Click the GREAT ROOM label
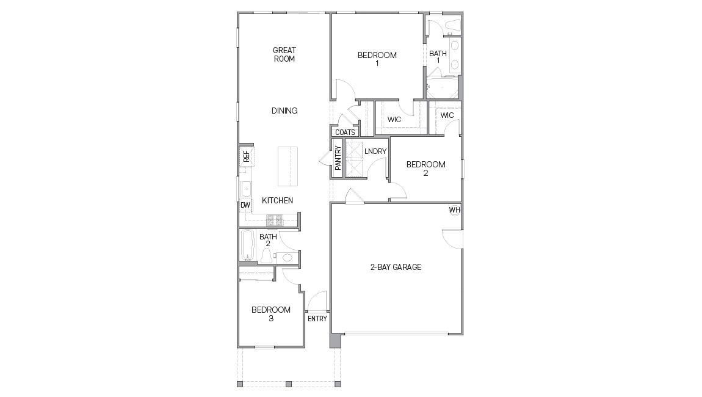coord(284,54)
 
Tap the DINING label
coord(284,111)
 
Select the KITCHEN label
coord(278,200)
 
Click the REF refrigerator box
coord(246,156)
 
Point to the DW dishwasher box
coord(245,205)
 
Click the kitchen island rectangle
coord(288,166)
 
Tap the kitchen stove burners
coord(275,220)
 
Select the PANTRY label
coord(338,158)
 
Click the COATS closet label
coord(345,132)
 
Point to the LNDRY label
coord(375,151)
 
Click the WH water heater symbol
coord(454,210)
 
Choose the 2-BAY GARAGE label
coord(396,267)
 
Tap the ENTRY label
coord(317,319)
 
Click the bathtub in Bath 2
coord(247,245)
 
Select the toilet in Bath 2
coord(266,256)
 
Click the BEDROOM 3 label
coord(271,314)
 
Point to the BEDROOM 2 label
coord(425,169)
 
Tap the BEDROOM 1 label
coord(377,59)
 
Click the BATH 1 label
coord(438,57)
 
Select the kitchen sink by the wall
coord(246,189)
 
